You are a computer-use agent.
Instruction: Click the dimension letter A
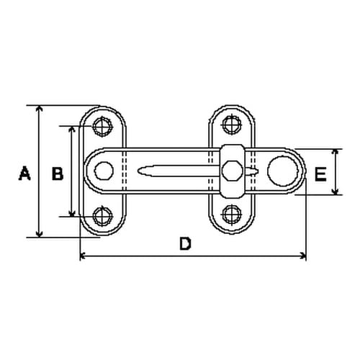click(24, 173)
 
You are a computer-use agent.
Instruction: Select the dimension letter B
click(58, 173)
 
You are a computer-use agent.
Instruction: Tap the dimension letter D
click(185, 244)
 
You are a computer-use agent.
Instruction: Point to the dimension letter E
click(321, 173)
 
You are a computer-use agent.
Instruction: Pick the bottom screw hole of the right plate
click(232, 214)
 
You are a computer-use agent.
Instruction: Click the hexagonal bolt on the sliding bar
click(232, 171)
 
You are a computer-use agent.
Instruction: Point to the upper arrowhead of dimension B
click(72, 130)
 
